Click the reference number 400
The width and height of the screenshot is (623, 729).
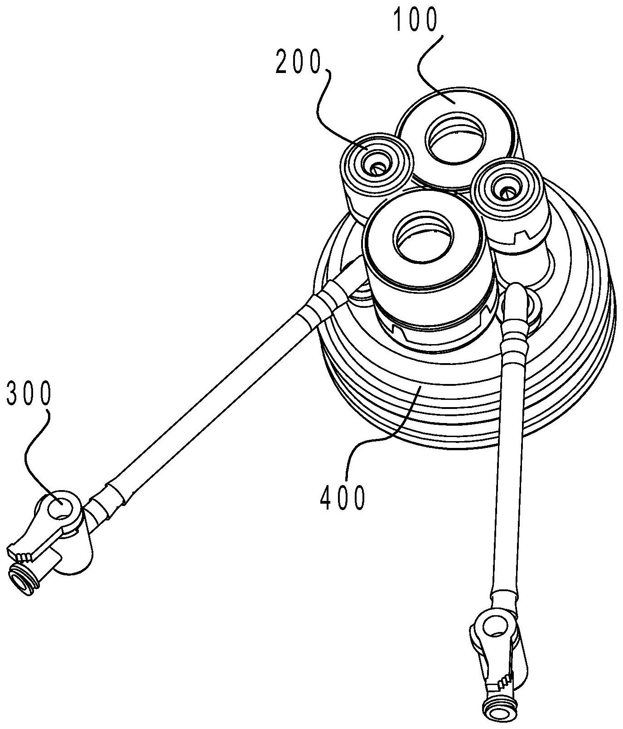pyautogui.click(x=342, y=498)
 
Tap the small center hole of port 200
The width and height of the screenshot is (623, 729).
pyautogui.click(x=376, y=168)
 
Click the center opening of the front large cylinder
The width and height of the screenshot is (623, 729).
pyautogui.click(x=424, y=238)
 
